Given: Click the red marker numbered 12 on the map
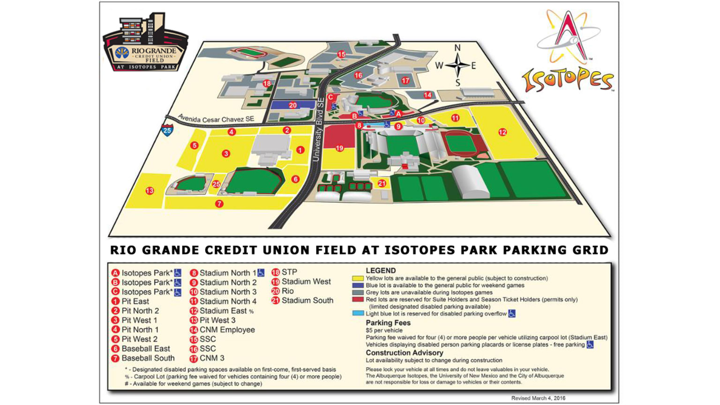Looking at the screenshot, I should coord(502,132).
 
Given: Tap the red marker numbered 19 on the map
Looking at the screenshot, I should coord(339,148).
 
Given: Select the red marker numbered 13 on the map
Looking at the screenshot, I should coord(150,191).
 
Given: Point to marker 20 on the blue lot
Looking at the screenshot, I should coord(292,105).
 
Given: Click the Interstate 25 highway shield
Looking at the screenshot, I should coord(167,130).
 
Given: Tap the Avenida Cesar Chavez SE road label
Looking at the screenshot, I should coord(216,119).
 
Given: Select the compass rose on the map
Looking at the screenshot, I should coord(457,66).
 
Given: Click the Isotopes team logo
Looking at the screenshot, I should coord(568,52).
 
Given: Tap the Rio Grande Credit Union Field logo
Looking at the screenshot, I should coord(145,45).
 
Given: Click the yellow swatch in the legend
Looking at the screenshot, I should coord(358,278).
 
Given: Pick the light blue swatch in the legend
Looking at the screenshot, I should coord(358,313).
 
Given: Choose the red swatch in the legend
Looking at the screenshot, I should coord(358,300).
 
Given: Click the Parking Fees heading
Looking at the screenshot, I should coord(388,323).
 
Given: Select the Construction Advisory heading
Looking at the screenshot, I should coord(404,353).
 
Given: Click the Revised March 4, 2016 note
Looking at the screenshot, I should coord(538,398).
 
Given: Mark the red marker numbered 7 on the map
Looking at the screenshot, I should coord(219,204).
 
